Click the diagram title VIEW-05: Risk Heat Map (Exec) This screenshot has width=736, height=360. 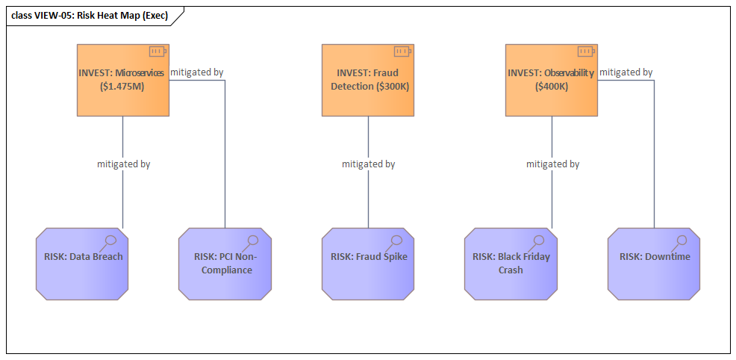[x=90, y=16]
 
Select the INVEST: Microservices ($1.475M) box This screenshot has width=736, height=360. [x=122, y=80]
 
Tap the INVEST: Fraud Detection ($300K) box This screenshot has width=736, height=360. [x=368, y=80]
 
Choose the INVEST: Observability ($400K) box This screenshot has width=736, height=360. [x=552, y=80]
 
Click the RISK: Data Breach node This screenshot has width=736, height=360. [x=82, y=264]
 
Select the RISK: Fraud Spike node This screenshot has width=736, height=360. [x=369, y=264]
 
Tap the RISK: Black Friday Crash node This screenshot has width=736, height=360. [x=511, y=264]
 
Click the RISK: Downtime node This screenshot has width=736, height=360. [x=654, y=264]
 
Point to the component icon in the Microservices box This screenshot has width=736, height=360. [x=157, y=52]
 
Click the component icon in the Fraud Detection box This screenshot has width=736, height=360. [x=402, y=52]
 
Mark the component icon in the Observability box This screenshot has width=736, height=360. [x=585, y=52]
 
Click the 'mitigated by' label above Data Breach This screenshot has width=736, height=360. [x=123, y=164]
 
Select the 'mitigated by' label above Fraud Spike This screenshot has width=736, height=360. [x=368, y=164]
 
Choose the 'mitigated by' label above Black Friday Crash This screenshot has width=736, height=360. [x=552, y=164]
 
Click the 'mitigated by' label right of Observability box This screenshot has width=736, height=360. [x=626, y=72]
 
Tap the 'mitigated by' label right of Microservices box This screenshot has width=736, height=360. [x=196, y=72]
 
